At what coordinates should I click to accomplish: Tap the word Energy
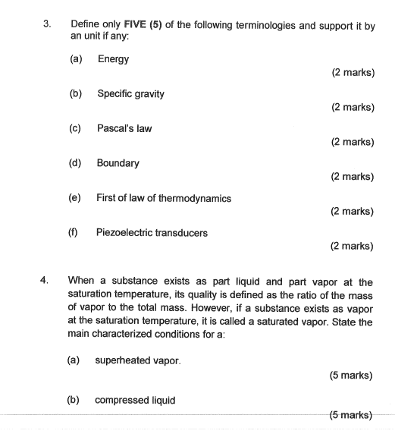click(x=113, y=59)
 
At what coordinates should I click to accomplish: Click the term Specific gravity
click(x=130, y=94)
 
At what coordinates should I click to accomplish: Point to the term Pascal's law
click(x=124, y=128)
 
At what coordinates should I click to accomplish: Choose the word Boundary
click(x=118, y=163)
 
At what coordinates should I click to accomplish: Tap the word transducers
click(x=181, y=233)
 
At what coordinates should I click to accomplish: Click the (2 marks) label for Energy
click(x=353, y=73)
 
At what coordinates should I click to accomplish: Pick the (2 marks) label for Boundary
click(x=353, y=177)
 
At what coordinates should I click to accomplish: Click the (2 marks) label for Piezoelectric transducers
click(x=353, y=246)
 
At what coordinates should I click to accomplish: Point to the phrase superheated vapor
click(x=138, y=360)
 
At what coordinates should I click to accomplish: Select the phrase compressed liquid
click(x=135, y=400)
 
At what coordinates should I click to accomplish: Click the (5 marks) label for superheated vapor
click(x=351, y=375)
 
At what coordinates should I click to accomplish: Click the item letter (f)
click(x=74, y=233)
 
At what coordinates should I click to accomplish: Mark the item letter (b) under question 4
click(x=74, y=400)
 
